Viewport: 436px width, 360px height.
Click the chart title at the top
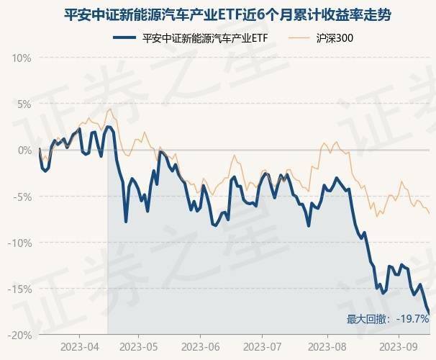tap(217, 15)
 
